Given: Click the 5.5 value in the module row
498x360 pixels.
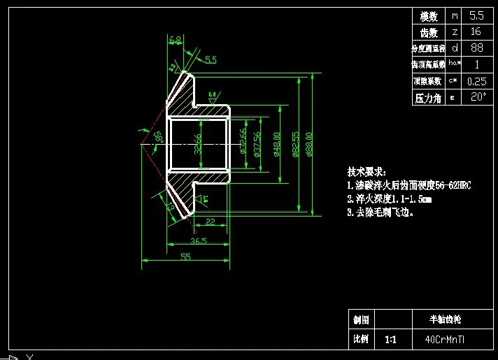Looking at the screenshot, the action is tap(476, 15).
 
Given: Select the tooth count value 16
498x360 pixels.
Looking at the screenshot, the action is tap(476, 32).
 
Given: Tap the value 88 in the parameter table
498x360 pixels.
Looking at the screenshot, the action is tap(476, 48).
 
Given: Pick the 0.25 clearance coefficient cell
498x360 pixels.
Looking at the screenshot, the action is tap(476, 81).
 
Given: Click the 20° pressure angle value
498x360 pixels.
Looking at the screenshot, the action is tap(476, 97).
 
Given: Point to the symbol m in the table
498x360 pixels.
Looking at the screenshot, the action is tap(455, 15).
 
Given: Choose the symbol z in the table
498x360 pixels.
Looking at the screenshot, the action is tap(455, 32).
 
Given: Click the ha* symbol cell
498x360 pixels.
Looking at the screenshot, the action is tap(455, 64).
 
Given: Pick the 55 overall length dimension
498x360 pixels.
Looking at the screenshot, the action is tap(186, 257).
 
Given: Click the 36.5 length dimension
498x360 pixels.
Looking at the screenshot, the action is tap(198, 241).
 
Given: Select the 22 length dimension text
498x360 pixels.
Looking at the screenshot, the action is tap(210, 222).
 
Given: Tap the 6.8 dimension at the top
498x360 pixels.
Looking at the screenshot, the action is tap(176, 40).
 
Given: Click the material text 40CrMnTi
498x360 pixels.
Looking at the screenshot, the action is tap(448, 340).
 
